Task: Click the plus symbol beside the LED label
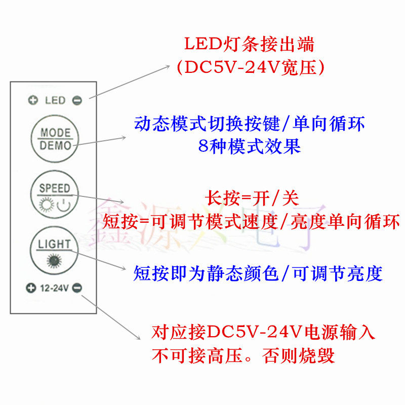[x=33, y=100]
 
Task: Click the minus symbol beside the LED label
[x=76, y=100]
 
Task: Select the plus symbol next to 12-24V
[x=30, y=289]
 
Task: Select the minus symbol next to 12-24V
[x=76, y=289]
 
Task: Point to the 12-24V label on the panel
[x=54, y=289]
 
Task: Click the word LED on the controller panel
[x=55, y=100]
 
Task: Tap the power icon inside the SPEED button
[x=63, y=205]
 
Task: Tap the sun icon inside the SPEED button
[x=47, y=205]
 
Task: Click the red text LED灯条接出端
[x=249, y=45]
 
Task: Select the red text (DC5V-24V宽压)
[x=249, y=67]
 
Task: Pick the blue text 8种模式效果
[x=249, y=146]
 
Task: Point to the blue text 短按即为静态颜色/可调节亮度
[x=258, y=274]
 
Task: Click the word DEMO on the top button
[x=55, y=146]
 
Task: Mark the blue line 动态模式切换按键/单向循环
[x=249, y=124]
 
